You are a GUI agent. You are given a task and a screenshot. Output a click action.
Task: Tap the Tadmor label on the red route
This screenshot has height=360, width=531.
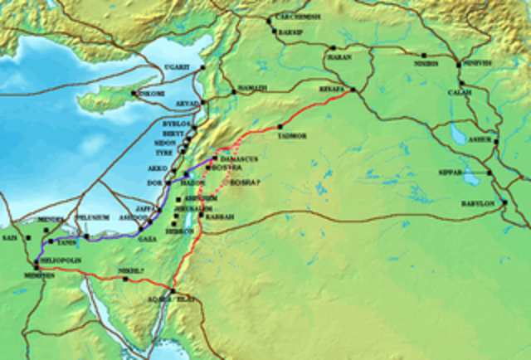295,133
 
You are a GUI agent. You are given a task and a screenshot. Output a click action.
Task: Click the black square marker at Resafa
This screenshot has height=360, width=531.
353,89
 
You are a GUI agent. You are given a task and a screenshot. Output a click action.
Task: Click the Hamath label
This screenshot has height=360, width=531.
251,88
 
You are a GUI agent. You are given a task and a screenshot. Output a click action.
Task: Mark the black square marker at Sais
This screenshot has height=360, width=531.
28,238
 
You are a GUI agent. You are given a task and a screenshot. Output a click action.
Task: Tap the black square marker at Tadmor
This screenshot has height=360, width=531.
280,125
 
